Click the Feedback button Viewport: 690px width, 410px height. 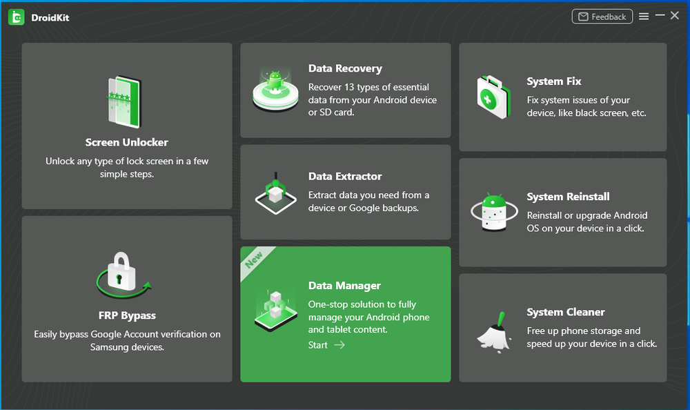(602, 17)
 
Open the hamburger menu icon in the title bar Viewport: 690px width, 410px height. (644, 17)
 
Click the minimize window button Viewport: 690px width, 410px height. (660, 15)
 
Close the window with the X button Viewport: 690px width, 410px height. (675, 15)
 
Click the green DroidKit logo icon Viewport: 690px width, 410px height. (17, 17)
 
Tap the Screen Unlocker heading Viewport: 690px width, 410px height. (127, 142)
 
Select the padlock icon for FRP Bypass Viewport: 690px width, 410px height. (123, 274)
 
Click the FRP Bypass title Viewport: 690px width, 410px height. (127, 315)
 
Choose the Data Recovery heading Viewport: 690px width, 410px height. (345, 68)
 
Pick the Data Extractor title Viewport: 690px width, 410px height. (345, 176)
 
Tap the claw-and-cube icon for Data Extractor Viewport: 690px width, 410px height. (276, 193)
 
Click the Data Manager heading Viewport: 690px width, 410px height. (344, 285)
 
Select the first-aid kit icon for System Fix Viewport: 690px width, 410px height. (494, 97)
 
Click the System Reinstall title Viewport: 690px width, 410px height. (568, 197)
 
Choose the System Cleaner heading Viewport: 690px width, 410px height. (566, 312)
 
